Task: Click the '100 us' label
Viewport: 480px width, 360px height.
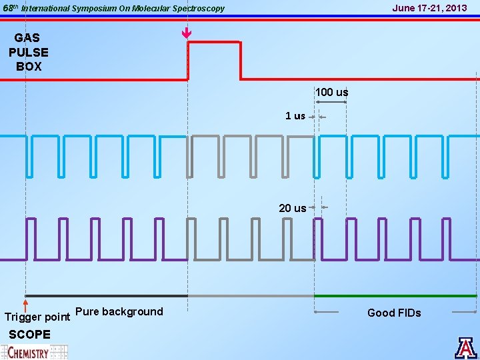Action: [331, 92]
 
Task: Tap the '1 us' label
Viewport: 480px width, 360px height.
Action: [295, 116]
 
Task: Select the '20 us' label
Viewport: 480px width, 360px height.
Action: [292, 208]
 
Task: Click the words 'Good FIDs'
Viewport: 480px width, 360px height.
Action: [394, 313]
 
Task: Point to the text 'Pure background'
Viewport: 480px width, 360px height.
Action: [119, 311]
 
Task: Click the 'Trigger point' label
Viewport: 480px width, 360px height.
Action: [37, 317]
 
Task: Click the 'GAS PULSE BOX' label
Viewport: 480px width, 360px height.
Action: [29, 53]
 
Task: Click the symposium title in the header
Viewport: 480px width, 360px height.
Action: [123, 9]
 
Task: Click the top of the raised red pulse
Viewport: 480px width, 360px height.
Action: [213, 42]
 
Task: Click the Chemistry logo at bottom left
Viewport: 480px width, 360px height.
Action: [33, 351]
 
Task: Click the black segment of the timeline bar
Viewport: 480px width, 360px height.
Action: [107, 295]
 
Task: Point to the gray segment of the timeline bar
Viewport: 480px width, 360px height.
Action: [251, 295]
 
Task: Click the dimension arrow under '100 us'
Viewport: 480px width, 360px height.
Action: [331, 102]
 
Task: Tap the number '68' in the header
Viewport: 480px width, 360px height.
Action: [7, 9]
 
